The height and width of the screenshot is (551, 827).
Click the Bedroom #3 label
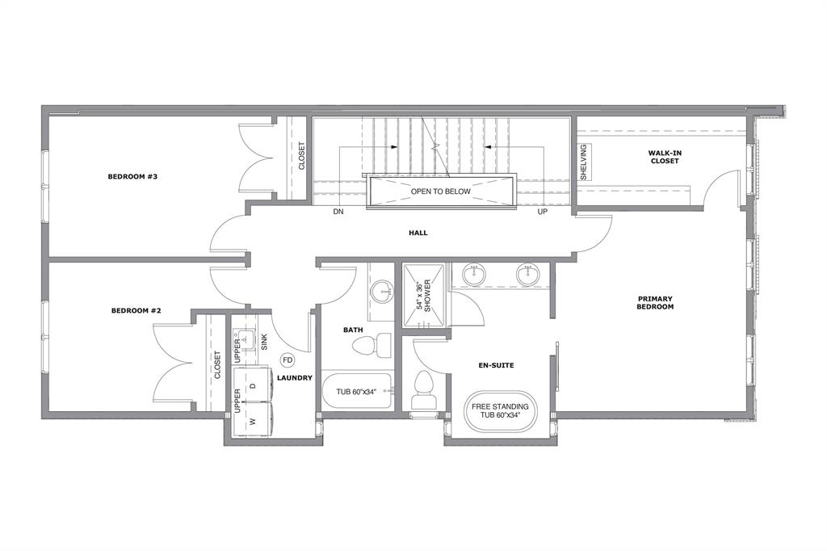click(132, 176)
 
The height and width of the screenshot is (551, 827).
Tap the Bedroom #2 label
click(136, 310)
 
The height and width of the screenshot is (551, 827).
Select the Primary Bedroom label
click(655, 302)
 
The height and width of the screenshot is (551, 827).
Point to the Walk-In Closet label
click(665, 157)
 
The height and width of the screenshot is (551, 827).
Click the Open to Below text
click(440, 191)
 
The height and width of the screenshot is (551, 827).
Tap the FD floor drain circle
click(288, 360)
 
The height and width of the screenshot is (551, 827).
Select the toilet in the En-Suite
click(422, 390)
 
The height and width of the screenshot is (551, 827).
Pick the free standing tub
click(499, 410)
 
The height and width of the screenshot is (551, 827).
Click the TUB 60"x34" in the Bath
click(357, 392)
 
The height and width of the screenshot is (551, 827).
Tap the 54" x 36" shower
click(423, 296)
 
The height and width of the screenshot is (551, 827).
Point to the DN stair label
click(338, 212)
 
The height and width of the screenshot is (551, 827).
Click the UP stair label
click(542, 212)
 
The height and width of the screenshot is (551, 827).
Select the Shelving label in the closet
click(583, 162)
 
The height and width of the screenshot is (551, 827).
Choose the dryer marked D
click(252, 385)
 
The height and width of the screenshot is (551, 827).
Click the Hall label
click(418, 233)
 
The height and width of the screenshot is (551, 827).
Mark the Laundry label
click(295, 378)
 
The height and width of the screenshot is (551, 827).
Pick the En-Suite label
click(497, 365)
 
